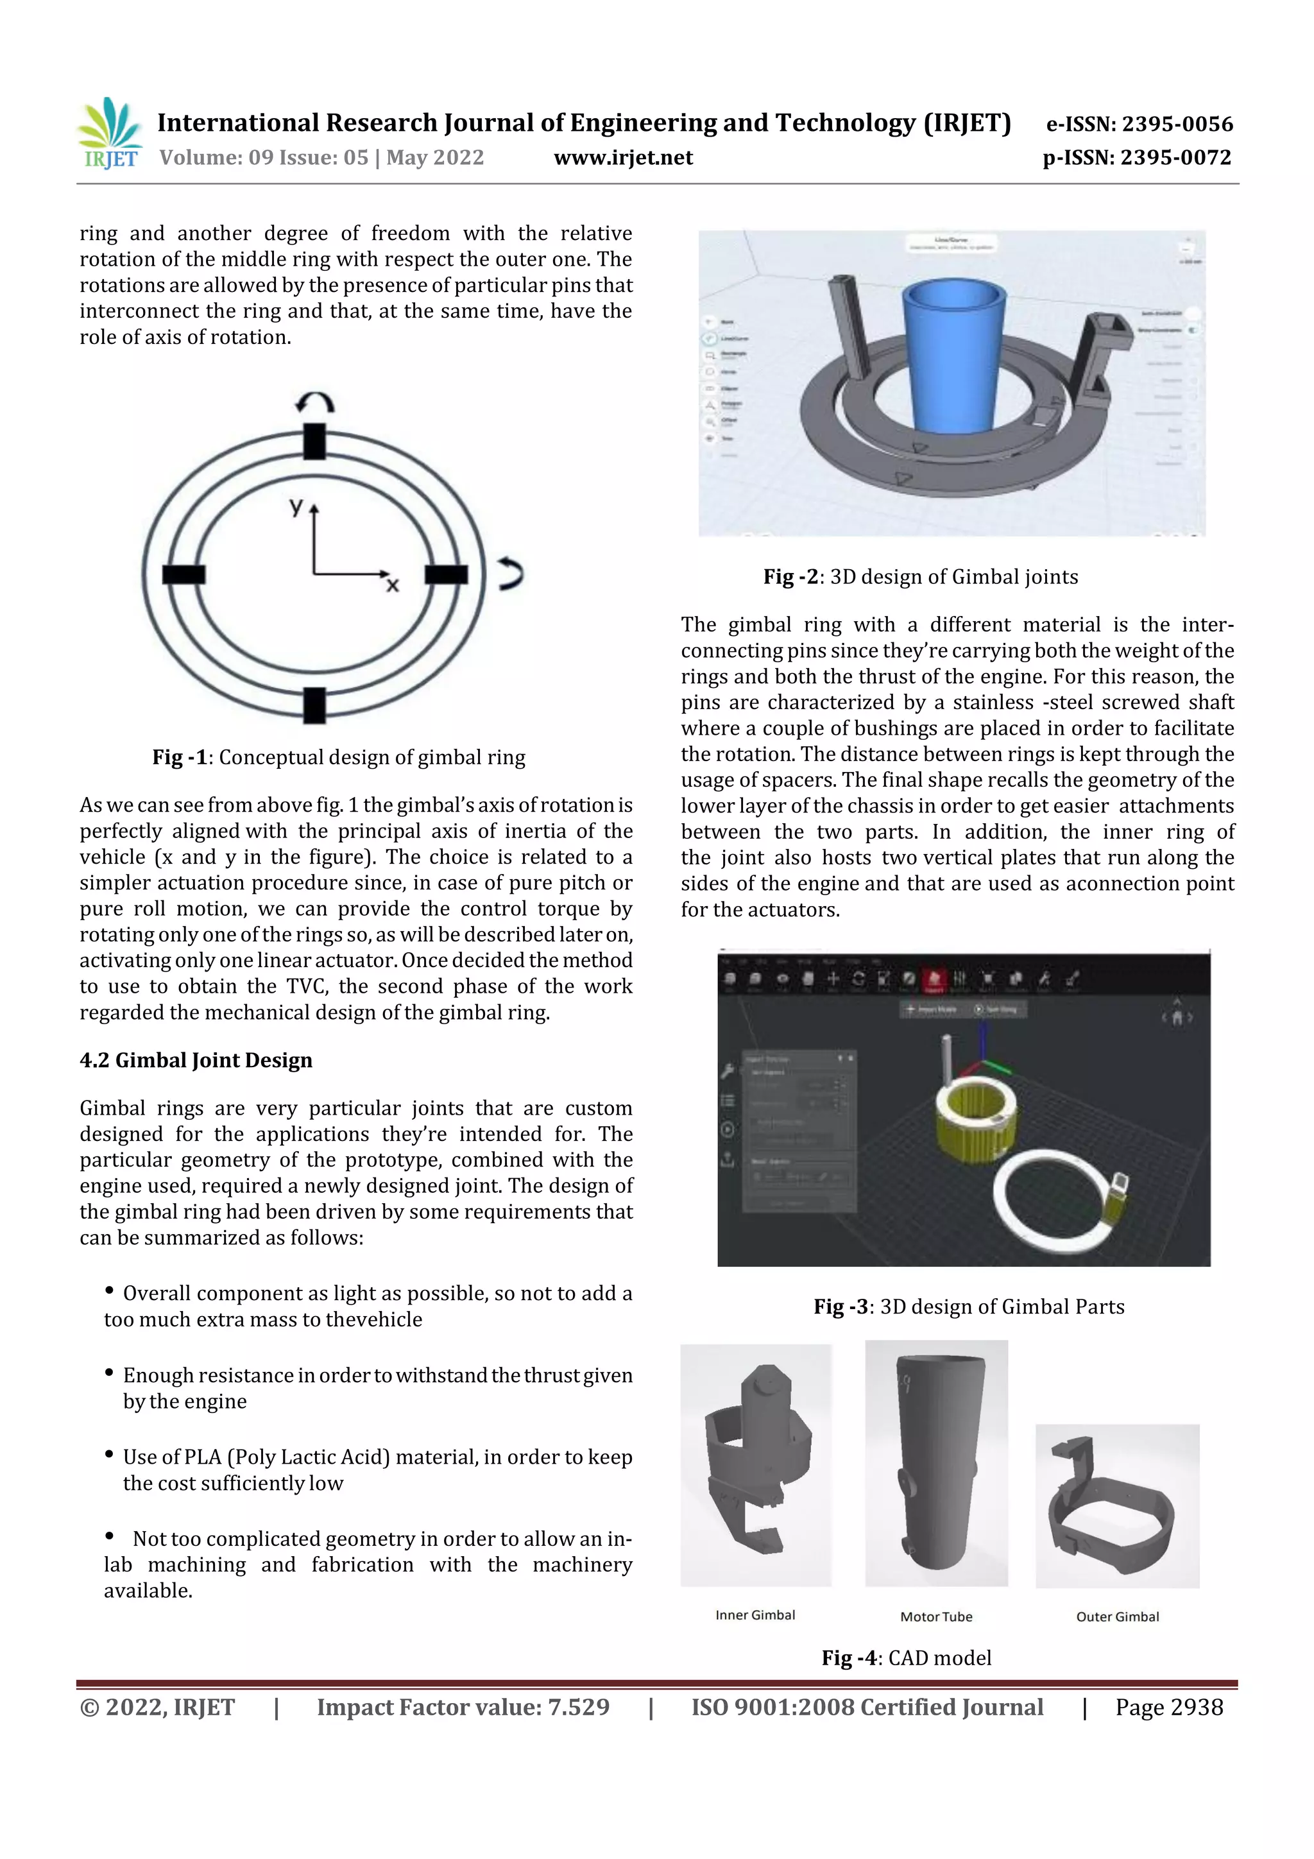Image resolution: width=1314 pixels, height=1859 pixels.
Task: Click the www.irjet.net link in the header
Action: [x=622, y=158]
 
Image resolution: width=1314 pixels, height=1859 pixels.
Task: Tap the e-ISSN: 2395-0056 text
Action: [x=1139, y=124]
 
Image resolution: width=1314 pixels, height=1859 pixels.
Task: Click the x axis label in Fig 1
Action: [x=392, y=585]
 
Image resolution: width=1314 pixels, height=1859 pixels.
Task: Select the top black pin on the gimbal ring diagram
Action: [x=314, y=441]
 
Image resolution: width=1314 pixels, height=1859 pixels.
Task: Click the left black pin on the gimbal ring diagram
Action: [x=183, y=574]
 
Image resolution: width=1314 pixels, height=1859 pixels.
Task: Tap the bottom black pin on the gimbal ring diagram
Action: [x=314, y=705]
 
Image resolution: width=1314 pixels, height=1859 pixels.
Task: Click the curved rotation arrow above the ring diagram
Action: [x=315, y=402]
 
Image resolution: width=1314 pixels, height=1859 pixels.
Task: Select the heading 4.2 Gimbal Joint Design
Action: [x=196, y=1060]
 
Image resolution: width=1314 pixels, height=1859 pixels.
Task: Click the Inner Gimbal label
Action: [x=755, y=1615]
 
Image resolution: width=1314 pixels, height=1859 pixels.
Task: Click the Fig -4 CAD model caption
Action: [x=906, y=1658]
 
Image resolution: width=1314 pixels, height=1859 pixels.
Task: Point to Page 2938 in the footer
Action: [x=1168, y=1707]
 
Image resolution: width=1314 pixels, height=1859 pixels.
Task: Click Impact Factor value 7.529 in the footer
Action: [x=463, y=1707]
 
